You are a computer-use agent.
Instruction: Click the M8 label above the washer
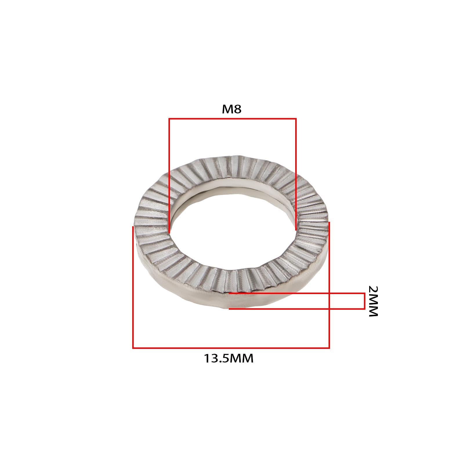(x=232, y=109)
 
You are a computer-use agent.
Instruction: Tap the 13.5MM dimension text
(x=229, y=358)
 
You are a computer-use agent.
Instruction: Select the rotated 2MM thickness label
(x=373, y=301)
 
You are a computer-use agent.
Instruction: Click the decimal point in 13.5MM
(x=221, y=362)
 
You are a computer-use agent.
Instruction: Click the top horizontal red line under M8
(x=233, y=118)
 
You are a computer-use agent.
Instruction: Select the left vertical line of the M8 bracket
(x=169, y=175)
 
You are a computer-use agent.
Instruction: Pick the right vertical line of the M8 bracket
(x=296, y=174)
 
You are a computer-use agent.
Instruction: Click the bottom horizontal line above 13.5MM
(x=231, y=348)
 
